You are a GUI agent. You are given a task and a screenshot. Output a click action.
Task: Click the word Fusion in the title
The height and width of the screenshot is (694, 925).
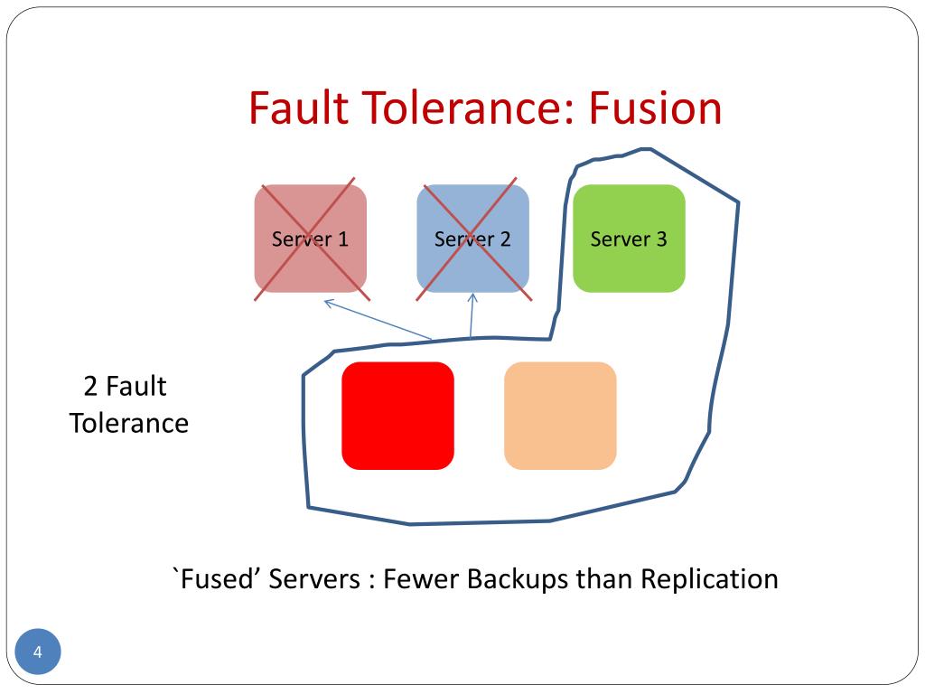click(x=655, y=108)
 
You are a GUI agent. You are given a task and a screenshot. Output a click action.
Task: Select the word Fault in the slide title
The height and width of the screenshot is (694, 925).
click(x=299, y=108)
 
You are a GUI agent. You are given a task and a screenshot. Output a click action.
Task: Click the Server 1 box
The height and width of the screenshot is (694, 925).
click(x=311, y=239)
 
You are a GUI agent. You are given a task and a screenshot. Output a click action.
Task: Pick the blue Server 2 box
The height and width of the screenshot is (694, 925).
click(x=472, y=239)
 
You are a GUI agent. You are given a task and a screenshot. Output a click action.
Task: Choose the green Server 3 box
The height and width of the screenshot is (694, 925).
click(x=629, y=239)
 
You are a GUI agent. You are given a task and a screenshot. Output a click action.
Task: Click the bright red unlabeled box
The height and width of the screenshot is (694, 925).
click(x=397, y=416)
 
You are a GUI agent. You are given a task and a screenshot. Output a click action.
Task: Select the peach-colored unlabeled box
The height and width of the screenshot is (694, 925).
click(x=560, y=416)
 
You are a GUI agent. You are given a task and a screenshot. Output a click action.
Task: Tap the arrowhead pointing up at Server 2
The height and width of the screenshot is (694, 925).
click(x=472, y=298)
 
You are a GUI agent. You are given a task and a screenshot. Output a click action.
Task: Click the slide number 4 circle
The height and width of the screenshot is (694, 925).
click(x=38, y=652)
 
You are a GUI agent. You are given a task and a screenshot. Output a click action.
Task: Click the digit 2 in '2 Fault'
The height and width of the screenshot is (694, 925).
click(x=90, y=387)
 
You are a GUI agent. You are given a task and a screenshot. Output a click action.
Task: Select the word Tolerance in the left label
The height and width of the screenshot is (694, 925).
click(x=129, y=424)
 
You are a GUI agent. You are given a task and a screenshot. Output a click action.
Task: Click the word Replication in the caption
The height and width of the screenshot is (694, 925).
click(x=709, y=579)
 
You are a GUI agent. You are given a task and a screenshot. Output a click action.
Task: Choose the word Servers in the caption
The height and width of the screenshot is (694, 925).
click(x=314, y=579)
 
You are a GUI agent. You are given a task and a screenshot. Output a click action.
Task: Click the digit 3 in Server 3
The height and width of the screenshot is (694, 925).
click(x=661, y=239)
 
